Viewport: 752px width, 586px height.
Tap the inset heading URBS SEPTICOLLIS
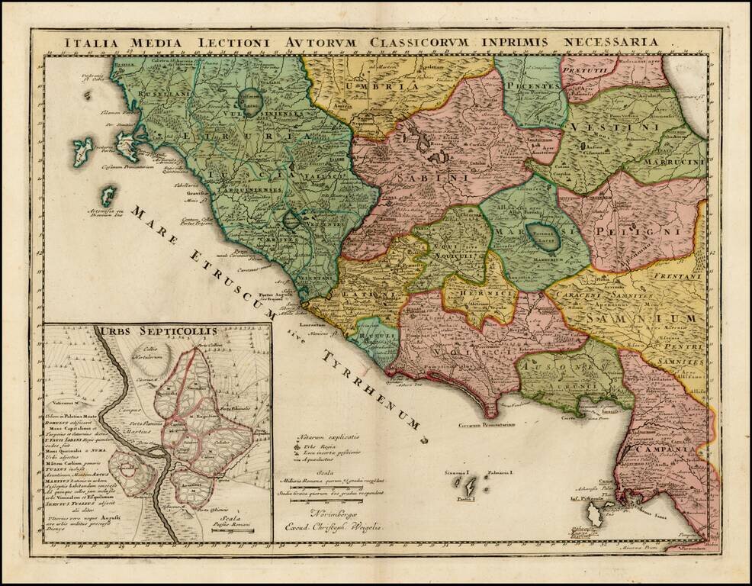pyautogui.click(x=156, y=331)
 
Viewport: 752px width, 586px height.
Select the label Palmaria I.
pyautogui.click(x=500, y=473)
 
